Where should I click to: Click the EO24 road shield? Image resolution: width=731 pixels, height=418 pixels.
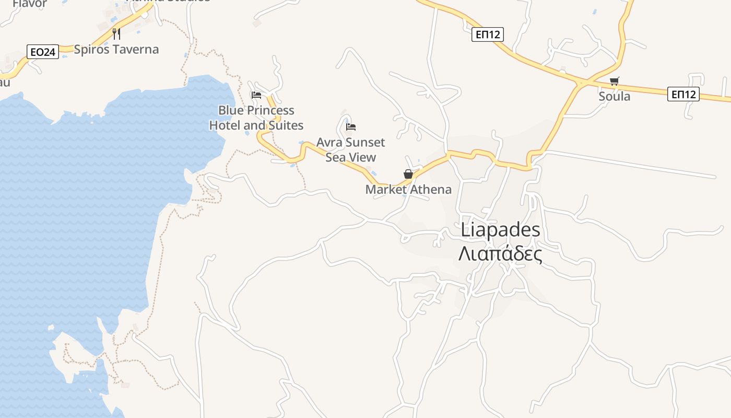coord(43,52)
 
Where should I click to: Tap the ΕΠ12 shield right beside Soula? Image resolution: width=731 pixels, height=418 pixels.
coord(683,94)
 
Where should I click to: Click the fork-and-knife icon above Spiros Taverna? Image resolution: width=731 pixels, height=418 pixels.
coord(116,34)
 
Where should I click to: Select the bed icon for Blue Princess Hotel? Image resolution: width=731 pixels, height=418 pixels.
coord(256,95)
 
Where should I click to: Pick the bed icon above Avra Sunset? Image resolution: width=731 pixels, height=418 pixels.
coord(351,127)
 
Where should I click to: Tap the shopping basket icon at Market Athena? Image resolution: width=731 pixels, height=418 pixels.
coord(408,174)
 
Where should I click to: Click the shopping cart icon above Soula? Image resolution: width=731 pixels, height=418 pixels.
coord(615,81)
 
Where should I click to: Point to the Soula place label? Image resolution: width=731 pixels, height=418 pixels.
coord(615,97)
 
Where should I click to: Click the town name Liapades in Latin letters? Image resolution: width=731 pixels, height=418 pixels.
coord(501,230)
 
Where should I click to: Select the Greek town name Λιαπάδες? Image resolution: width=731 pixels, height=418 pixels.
coord(500,254)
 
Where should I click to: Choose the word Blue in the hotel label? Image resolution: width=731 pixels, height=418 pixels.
coord(230,111)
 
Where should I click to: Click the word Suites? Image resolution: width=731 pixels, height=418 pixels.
coord(286,126)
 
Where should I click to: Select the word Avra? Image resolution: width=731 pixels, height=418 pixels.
coord(329,143)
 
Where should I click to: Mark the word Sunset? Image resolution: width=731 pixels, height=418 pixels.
coord(365,143)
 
